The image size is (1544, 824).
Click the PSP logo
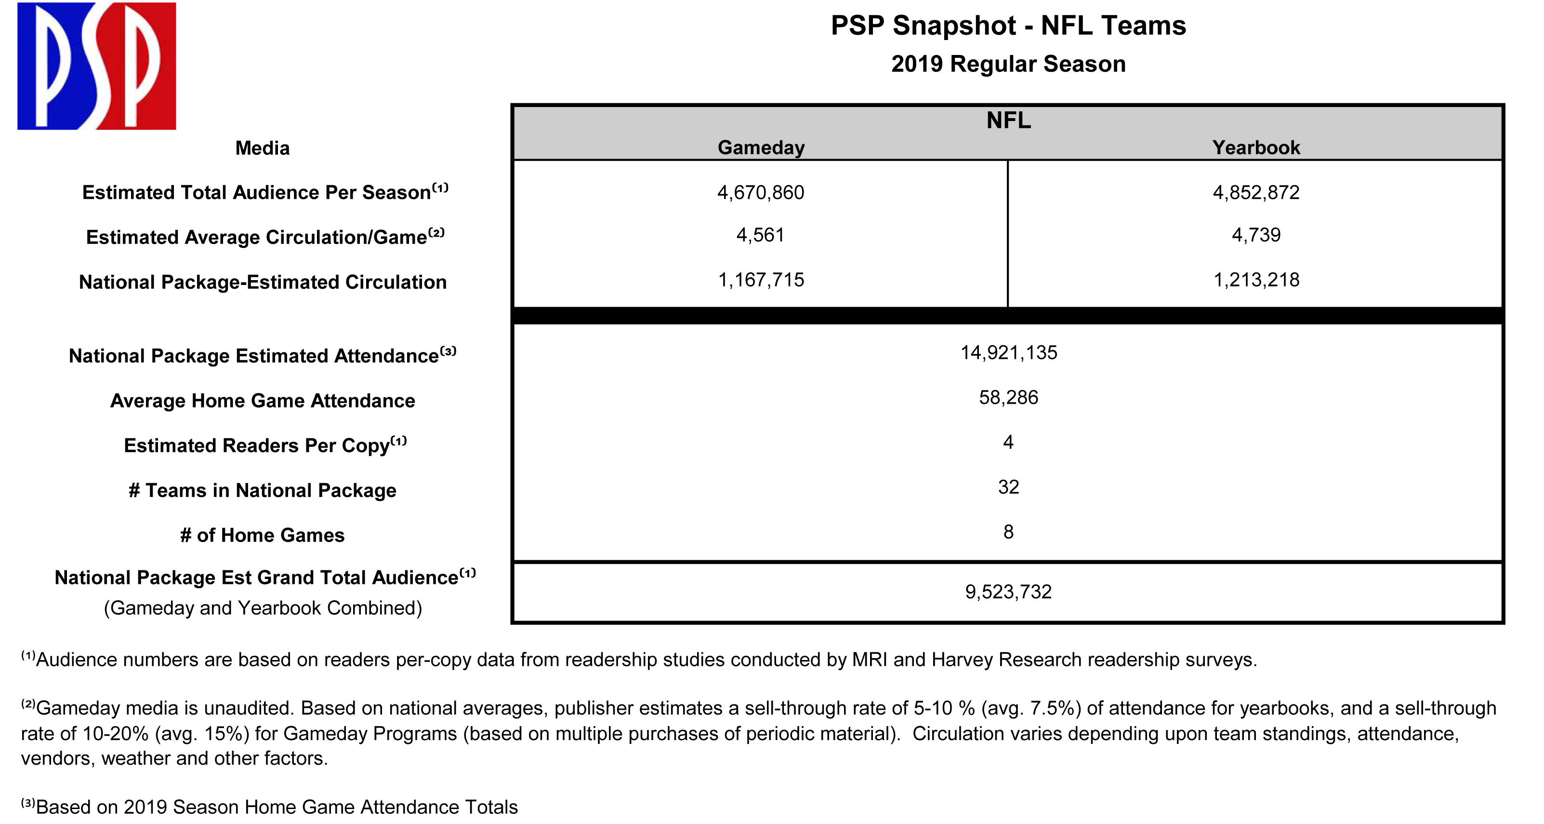click(x=96, y=66)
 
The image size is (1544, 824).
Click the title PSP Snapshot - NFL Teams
click(x=1008, y=26)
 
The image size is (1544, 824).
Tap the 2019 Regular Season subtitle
click(x=1008, y=64)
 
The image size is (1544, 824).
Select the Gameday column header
click(x=761, y=148)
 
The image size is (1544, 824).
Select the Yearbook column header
click(x=1256, y=148)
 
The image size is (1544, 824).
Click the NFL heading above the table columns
click(x=1009, y=121)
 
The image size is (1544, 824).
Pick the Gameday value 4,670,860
click(x=761, y=192)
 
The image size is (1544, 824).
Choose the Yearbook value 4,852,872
click(x=1256, y=192)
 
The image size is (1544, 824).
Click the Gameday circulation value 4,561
click(x=761, y=235)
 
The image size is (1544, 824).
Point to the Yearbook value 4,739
click(x=1256, y=235)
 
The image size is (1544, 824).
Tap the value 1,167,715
click(x=761, y=280)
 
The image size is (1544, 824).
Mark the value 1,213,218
click(x=1256, y=280)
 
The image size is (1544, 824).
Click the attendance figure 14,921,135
click(x=1009, y=352)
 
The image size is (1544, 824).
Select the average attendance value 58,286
click(x=1009, y=398)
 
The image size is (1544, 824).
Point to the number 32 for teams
click(x=1009, y=487)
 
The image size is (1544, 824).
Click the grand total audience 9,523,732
click(x=1008, y=592)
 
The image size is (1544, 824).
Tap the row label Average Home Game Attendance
click(x=263, y=401)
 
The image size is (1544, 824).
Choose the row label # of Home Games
click(x=263, y=535)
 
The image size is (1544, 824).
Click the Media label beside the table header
click(x=263, y=148)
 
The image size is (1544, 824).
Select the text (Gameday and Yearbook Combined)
click(x=263, y=608)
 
